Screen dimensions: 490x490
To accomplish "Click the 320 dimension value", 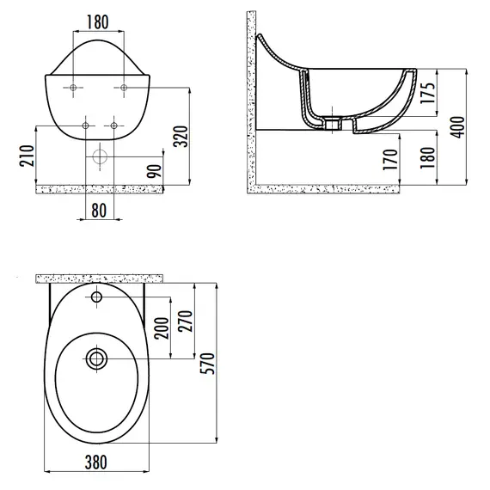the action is point(181,137).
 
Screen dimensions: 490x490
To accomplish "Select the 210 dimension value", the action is point(28,156).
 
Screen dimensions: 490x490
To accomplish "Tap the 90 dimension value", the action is point(155,170).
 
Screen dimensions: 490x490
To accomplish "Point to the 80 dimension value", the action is point(99,211).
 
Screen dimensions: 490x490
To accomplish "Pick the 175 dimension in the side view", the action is point(428,93).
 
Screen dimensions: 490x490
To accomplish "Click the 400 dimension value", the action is point(458,127).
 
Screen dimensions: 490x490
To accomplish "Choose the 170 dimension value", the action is point(390,160).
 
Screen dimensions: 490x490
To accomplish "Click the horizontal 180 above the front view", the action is point(97,21).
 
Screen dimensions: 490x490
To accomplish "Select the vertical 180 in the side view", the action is point(427,157).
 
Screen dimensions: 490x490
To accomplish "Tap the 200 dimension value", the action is point(162,328).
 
